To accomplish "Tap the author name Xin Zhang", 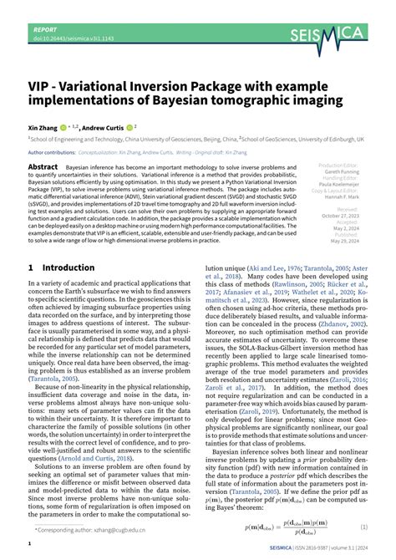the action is [44, 127].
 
